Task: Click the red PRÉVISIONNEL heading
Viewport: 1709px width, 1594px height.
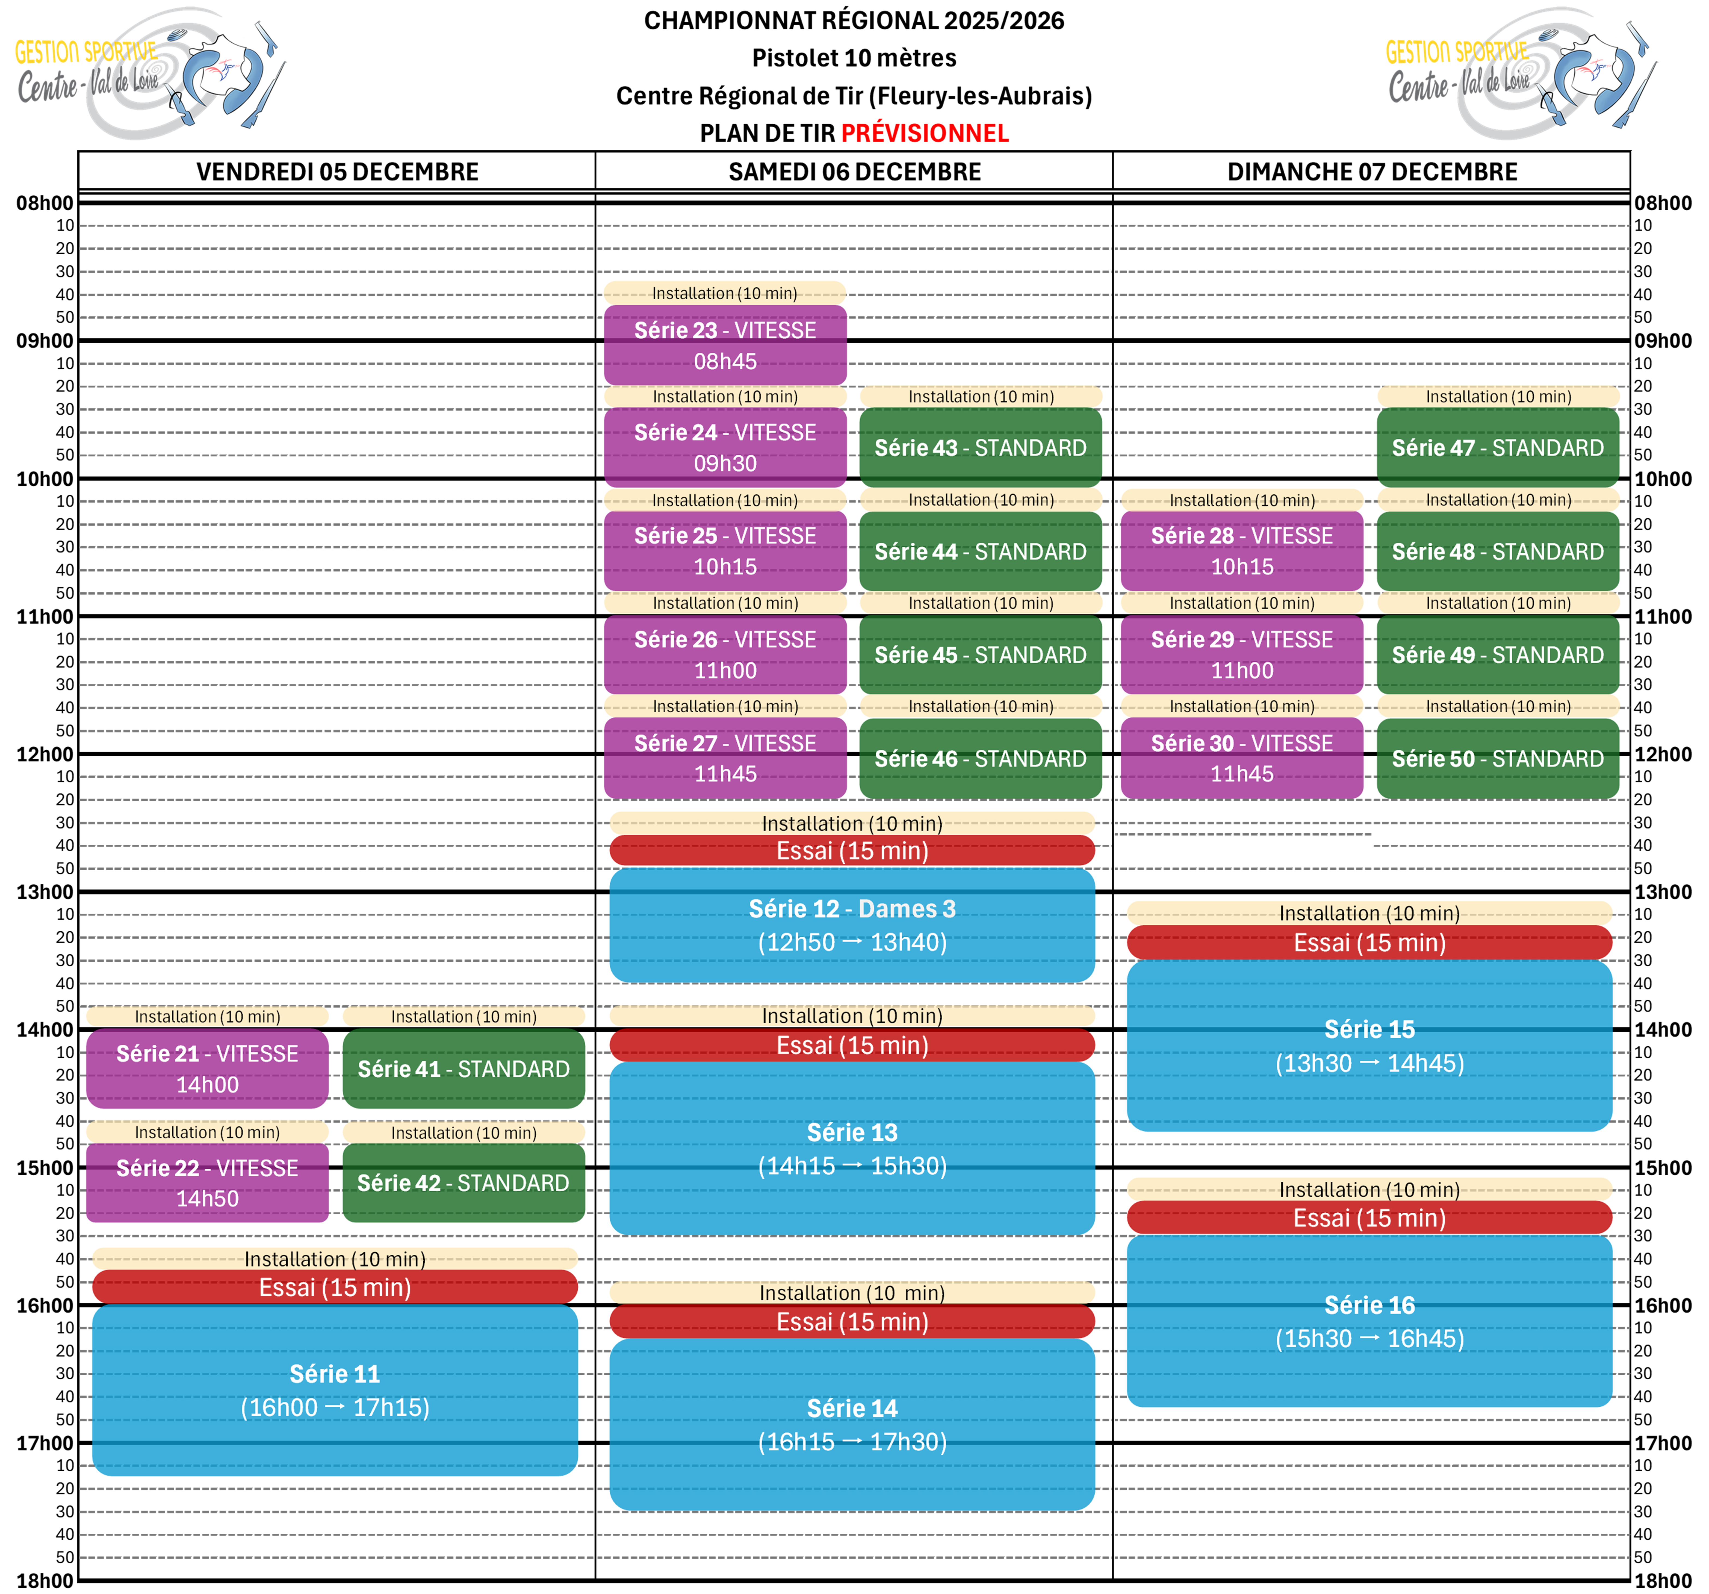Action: tap(925, 133)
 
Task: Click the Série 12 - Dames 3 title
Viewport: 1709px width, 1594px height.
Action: tap(852, 909)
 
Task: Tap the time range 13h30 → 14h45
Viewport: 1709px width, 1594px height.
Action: tap(1369, 1064)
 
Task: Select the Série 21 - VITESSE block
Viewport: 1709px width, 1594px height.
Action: tap(207, 1069)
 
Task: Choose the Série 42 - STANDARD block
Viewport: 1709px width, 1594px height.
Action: tap(463, 1183)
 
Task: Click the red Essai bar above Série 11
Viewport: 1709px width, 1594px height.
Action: tap(335, 1287)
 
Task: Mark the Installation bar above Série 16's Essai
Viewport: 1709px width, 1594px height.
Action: tap(1369, 1189)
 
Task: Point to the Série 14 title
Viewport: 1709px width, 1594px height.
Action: tap(852, 1408)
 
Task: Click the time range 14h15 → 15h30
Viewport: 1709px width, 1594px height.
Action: tap(852, 1166)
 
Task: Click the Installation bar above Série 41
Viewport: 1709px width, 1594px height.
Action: tap(463, 1016)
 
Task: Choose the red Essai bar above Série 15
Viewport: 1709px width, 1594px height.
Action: tap(1369, 942)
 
